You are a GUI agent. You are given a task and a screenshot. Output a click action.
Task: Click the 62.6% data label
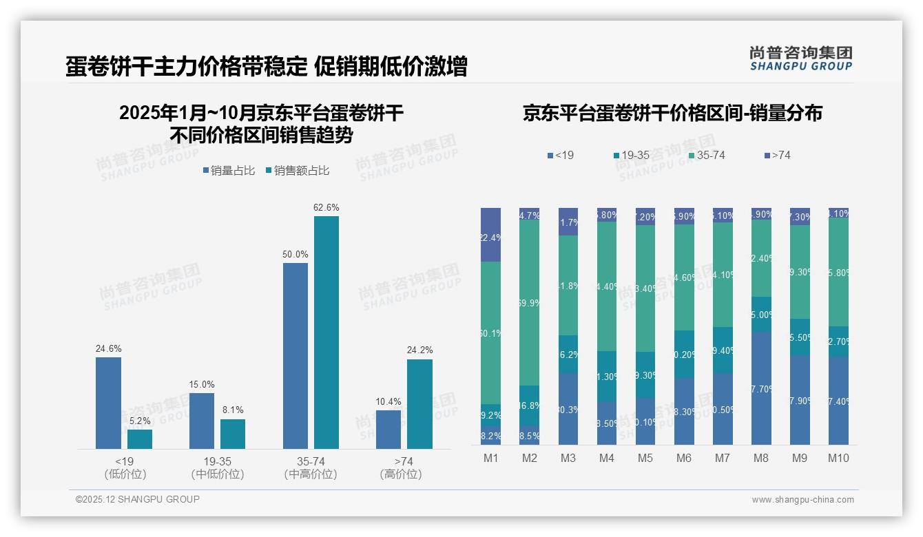coord(326,207)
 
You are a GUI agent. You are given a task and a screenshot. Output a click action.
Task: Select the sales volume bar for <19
coord(108,403)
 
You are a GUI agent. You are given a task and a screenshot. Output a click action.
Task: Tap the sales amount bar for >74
coord(419,404)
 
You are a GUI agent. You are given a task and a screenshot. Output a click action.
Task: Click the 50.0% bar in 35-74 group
coord(295,356)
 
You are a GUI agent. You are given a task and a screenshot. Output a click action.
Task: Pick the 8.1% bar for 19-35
coord(233,434)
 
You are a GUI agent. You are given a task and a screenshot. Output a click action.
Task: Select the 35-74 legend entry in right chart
coord(707,156)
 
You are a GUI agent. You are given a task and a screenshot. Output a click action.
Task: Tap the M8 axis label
coord(761,459)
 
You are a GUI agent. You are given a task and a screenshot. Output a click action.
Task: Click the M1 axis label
coord(491,459)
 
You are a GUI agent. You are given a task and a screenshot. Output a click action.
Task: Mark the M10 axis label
coord(838,459)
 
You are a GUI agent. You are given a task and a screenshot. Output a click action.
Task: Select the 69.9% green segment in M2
coord(529,303)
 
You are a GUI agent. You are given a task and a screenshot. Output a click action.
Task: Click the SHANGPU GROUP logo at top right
coord(800,59)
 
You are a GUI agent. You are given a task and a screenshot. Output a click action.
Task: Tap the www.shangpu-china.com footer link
coord(802,500)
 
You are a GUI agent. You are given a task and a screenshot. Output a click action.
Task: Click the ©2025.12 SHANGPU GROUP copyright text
coord(138,499)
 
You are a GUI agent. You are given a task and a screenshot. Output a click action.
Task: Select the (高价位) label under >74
coord(400,474)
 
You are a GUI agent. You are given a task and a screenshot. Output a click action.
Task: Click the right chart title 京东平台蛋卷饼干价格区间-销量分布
coord(672,114)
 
